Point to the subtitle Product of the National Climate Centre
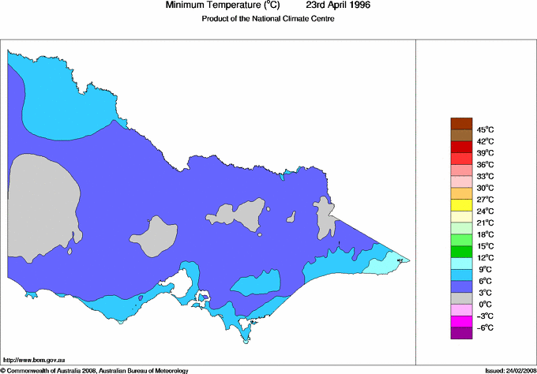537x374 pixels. tap(269, 20)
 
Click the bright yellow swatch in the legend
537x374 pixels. tap(460, 205)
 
